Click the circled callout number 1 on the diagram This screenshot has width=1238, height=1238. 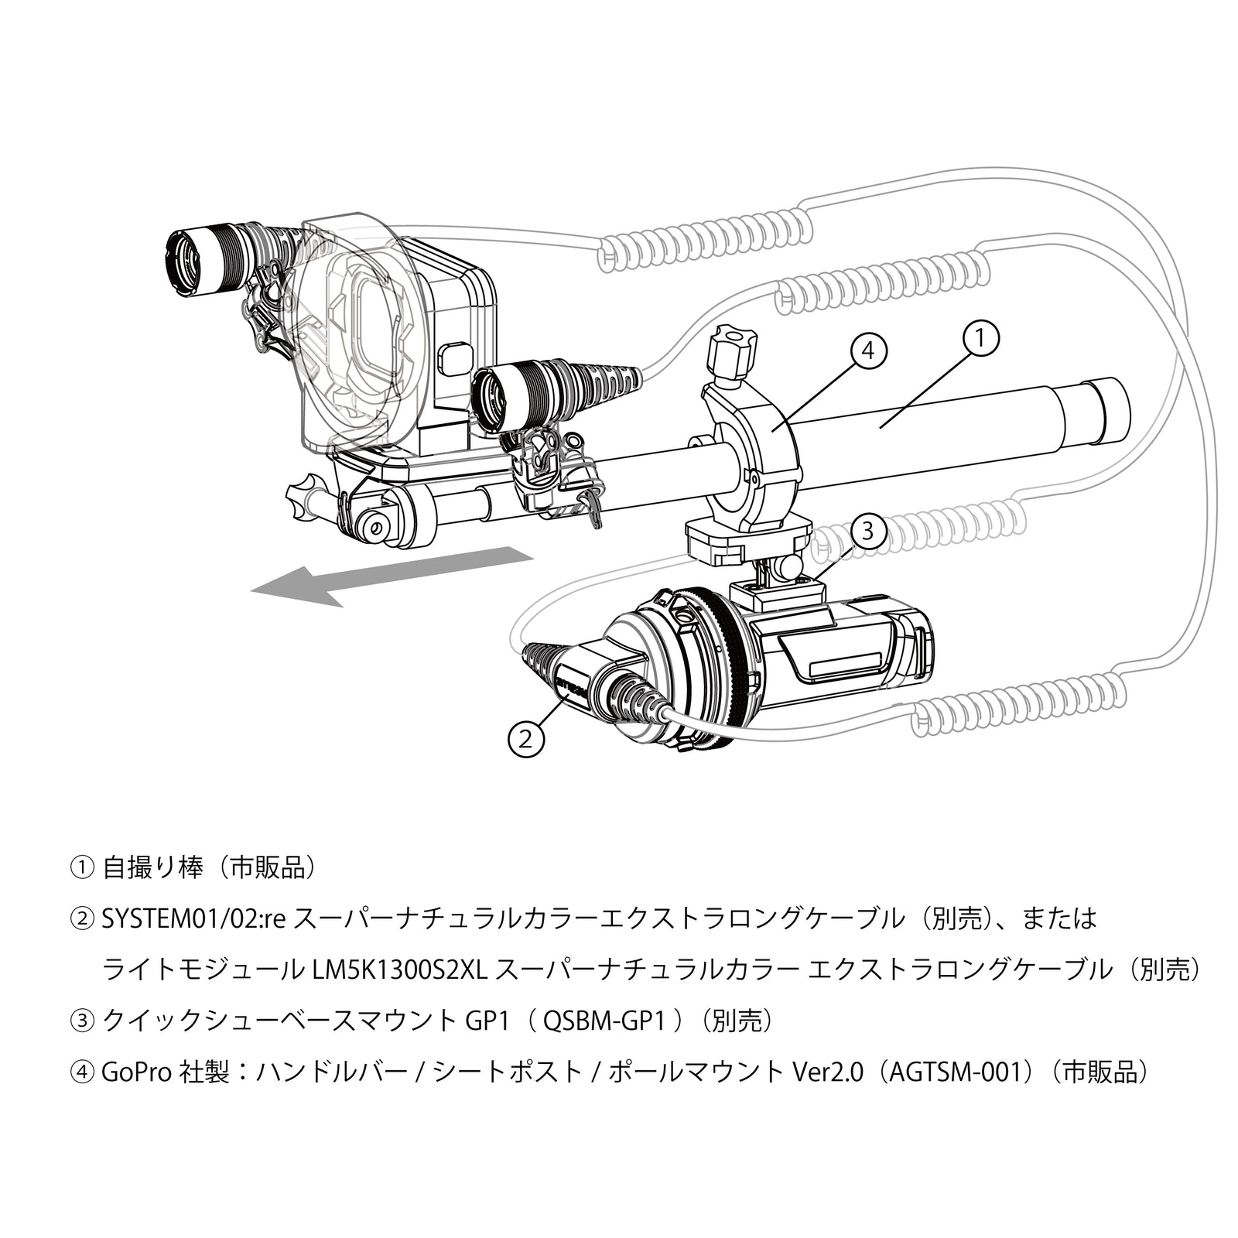(x=980, y=339)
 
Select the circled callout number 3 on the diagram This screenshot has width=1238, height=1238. (x=867, y=532)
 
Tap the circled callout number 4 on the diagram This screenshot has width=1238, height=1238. (x=868, y=351)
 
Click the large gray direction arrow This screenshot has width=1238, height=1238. (x=387, y=577)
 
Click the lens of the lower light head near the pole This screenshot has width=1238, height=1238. (x=489, y=399)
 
